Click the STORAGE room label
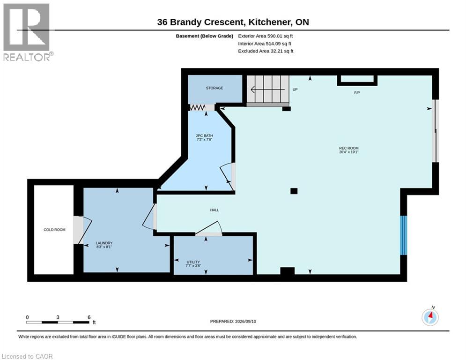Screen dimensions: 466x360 click(215, 88)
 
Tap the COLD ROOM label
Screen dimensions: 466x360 click(54, 230)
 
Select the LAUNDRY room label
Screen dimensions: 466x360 click(104, 243)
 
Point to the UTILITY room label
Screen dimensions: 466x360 click(193, 262)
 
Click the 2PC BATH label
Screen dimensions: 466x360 click(204, 135)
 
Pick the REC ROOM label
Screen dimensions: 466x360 click(348, 148)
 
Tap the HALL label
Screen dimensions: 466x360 click(215, 210)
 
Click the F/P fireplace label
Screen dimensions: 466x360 click(357, 93)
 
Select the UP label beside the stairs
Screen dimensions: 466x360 click(295, 90)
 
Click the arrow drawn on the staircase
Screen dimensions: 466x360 click(268, 89)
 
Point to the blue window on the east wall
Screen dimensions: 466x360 click(403, 235)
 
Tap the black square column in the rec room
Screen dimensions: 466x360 click(294, 191)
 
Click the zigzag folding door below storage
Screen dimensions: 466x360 click(197, 107)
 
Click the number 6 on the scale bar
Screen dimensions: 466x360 click(89, 317)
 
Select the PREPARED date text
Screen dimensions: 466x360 click(233, 321)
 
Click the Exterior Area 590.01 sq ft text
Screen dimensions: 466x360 click(266, 36)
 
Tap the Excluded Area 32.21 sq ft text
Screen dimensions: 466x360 click(266, 51)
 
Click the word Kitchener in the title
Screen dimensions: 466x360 click(270, 22)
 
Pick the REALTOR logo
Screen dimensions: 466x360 click(27, 32)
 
